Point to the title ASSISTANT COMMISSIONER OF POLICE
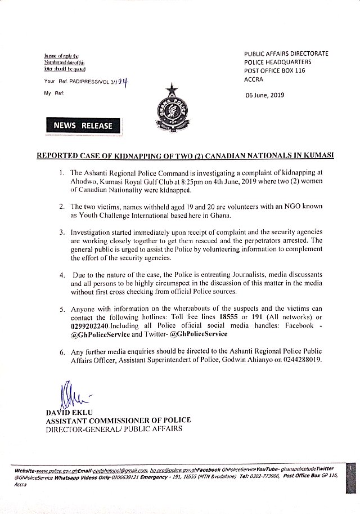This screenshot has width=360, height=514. coord(119,420)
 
